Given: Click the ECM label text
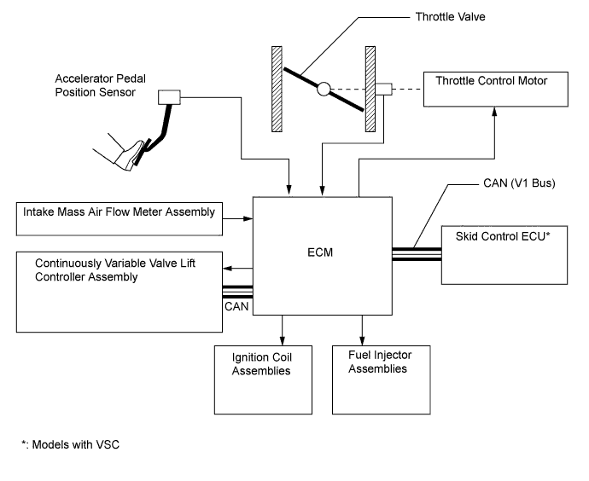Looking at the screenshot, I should pos(323,252).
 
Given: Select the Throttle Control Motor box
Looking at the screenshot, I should pos(491,88).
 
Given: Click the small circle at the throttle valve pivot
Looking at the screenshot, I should pos(323,89).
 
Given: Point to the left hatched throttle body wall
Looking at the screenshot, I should pos(277,89).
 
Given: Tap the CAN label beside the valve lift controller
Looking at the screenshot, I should pos(237,304).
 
